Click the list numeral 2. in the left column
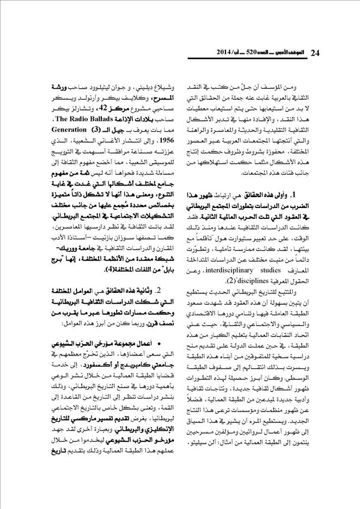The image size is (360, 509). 158,291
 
